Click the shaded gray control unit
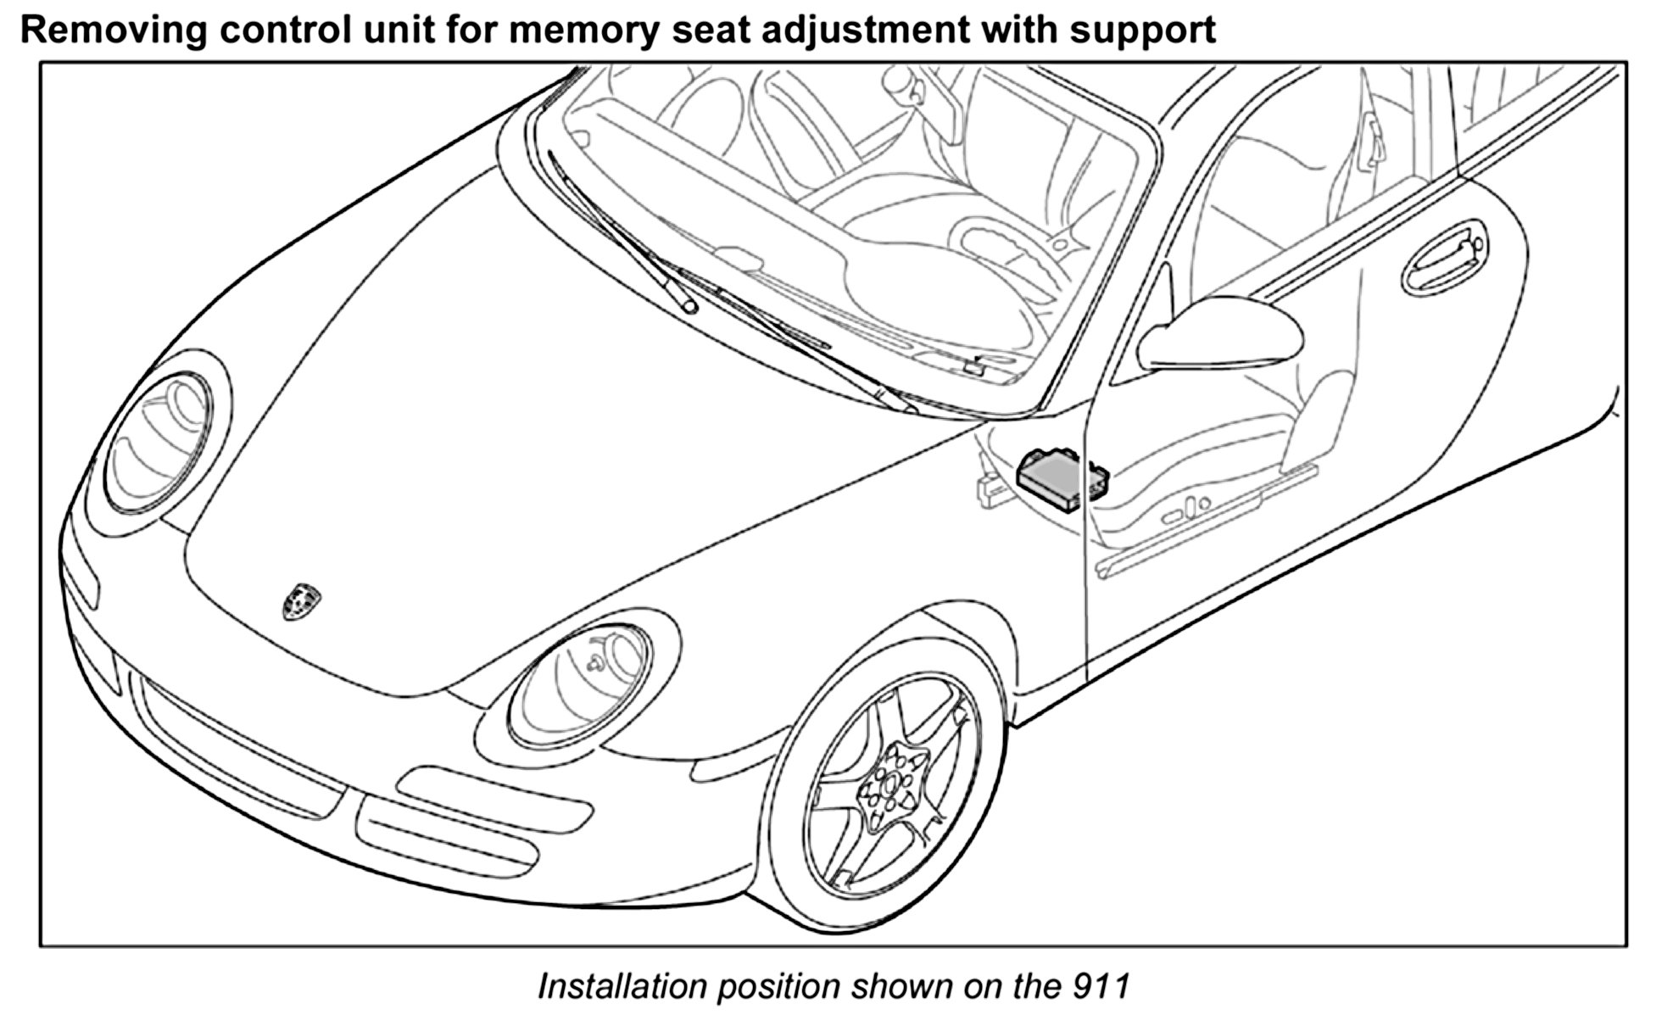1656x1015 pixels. pyautogui.click(x=1060, y=480)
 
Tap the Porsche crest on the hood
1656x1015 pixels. pyautogui.click(x=301, y=600)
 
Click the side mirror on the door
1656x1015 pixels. pyautogui.click(x=1221, y=335)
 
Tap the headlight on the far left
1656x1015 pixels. pyautogui.click(x=159, y=443)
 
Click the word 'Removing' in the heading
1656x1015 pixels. pyautogui.click(x=114, y=31)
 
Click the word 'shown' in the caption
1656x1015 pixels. pyautogui.click(x=898, y=986)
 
